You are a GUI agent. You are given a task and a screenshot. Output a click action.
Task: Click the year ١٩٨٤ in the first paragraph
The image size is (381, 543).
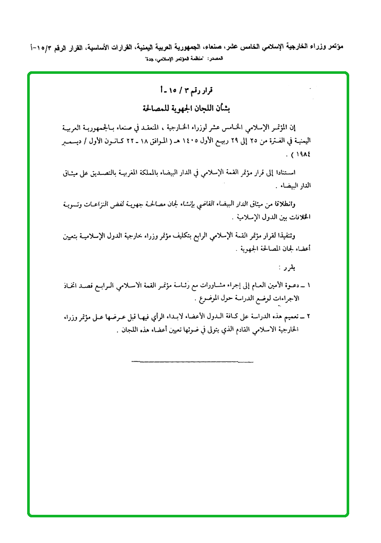(304, 154)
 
